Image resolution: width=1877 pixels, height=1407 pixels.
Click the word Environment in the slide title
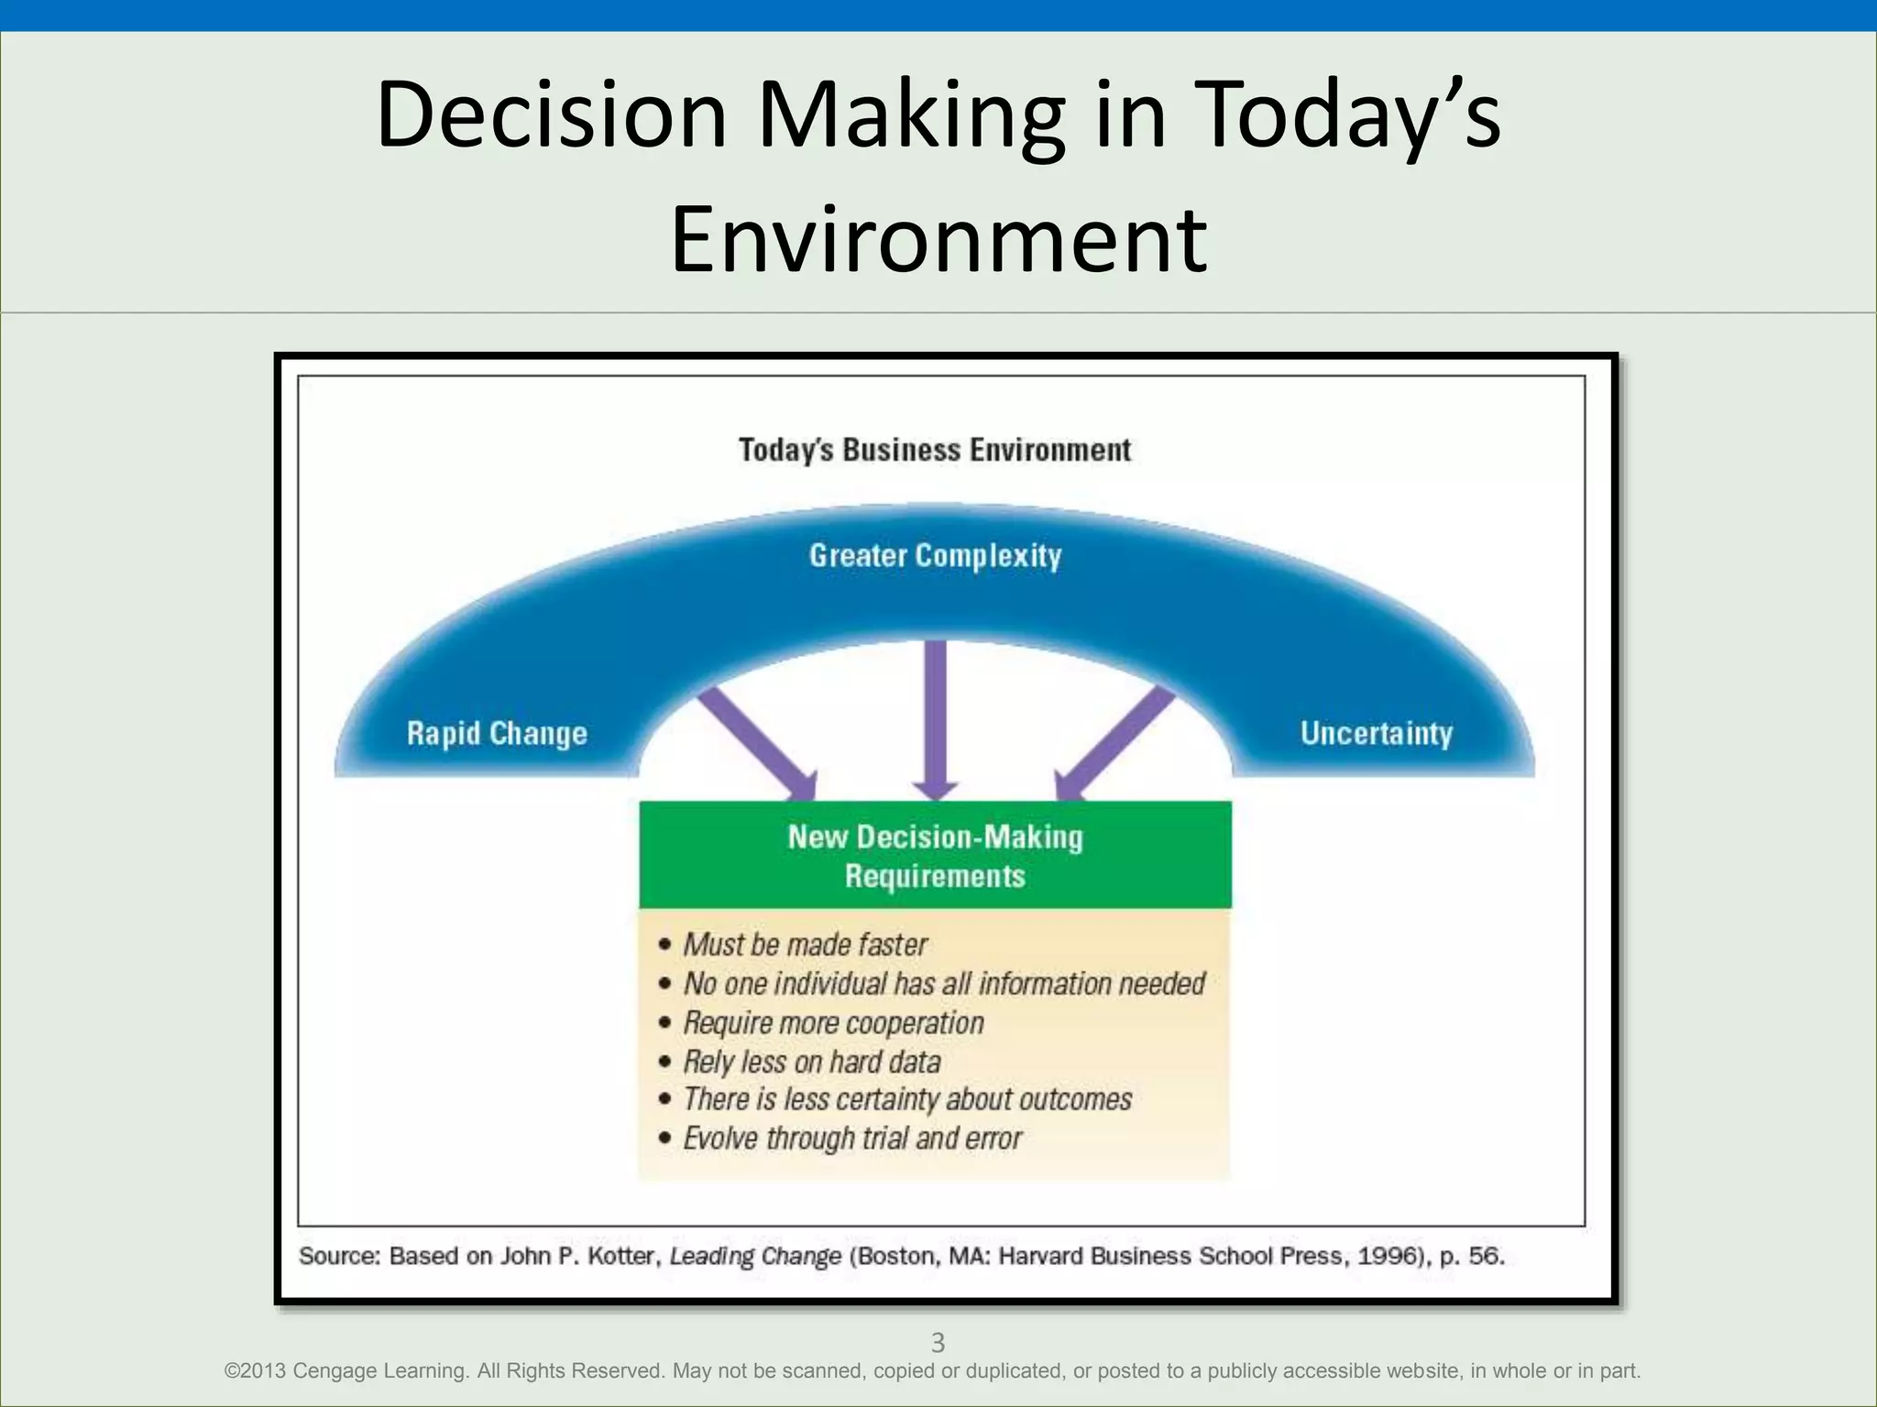pos(938,240)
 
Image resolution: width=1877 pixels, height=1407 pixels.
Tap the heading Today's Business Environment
pos(935,450)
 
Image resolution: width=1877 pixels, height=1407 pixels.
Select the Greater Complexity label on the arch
pos(935,555)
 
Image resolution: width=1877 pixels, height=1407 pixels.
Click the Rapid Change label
pos(497,734)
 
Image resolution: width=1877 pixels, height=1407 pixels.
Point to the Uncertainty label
pos(1376,734)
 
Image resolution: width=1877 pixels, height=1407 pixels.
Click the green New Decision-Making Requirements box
pos(935,856)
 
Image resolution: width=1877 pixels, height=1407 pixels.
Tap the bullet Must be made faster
pos(805,944)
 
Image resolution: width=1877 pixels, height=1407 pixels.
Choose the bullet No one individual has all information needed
pos(943,984)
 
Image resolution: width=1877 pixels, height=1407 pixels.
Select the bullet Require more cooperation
pos(833,1023)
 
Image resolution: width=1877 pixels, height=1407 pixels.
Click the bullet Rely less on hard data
pos(812,1063)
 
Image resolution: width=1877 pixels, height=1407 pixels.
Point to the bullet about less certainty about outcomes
pos(907,1099)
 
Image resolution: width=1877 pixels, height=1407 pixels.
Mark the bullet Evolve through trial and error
pos(852,1139)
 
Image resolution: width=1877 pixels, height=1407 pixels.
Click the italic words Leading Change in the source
pos(755,1256)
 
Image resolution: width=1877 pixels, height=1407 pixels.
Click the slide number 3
pos(938,1343)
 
